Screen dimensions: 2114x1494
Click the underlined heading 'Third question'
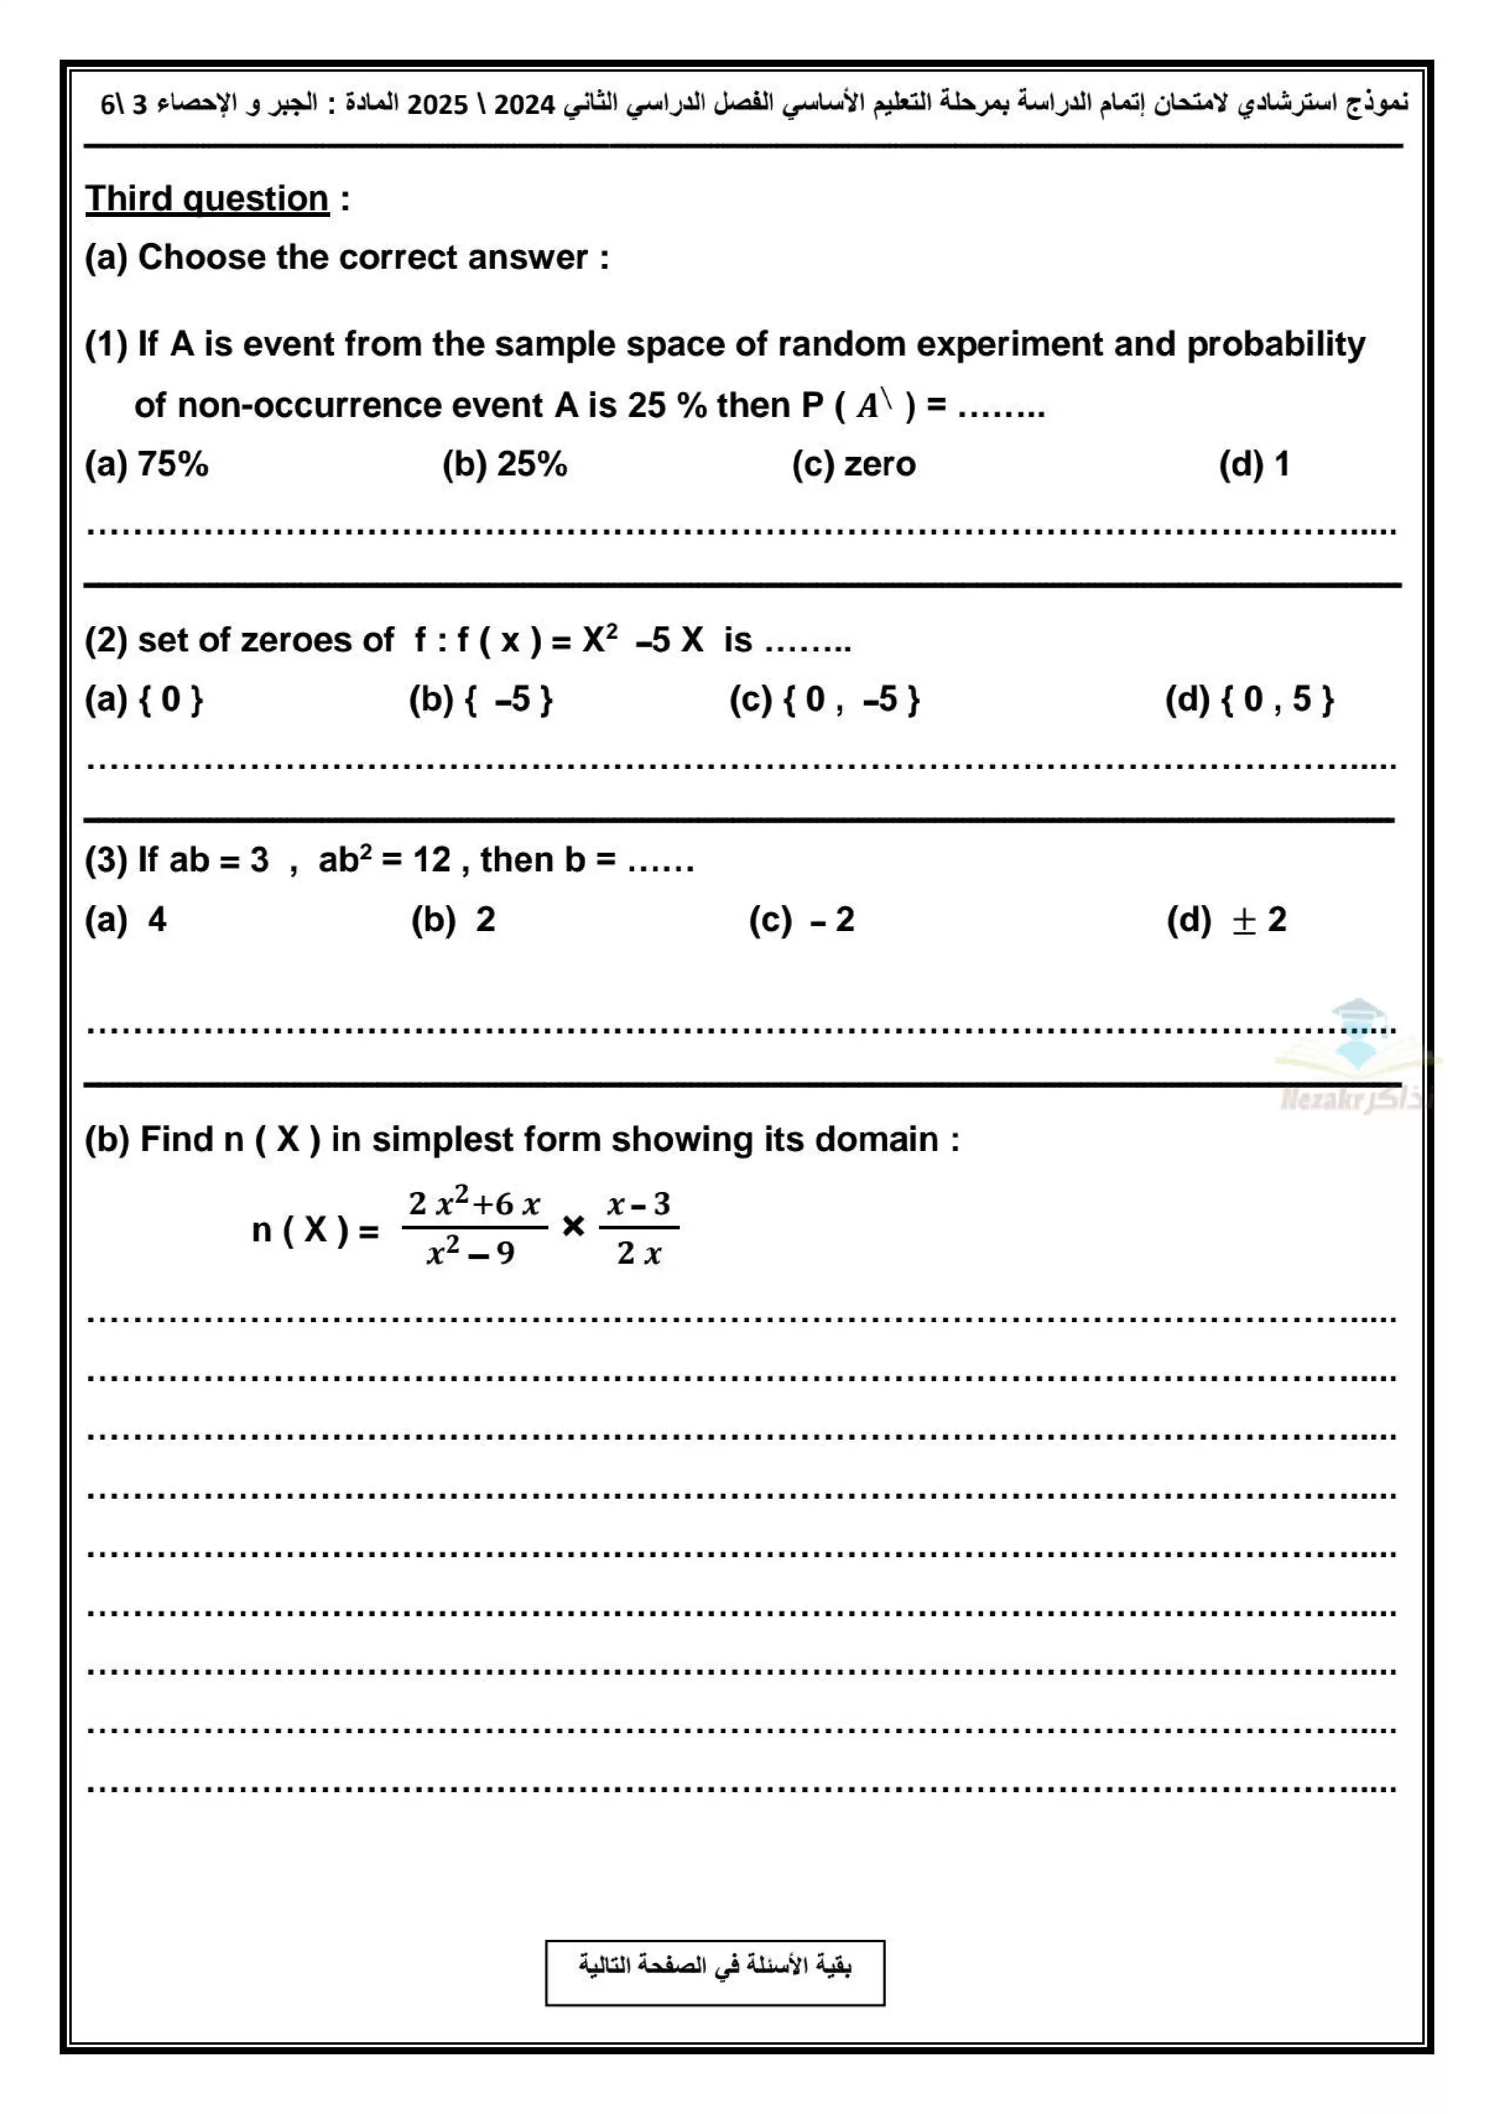pyautogui.click(x=207, y=199)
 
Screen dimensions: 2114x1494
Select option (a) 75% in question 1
pyautogui.click(x=147, y=464)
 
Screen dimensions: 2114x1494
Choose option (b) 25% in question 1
pyautogui.click(x=504, y=464)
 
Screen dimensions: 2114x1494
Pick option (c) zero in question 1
pyautogui.click(x=853, y=464)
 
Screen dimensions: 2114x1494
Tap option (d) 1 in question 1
pyautogui.click(x=1254, y=464)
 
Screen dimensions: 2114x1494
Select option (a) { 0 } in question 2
pyautogui.click(x=143, y=700)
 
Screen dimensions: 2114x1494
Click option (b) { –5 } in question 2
pyautogui.click(x=480, y=700)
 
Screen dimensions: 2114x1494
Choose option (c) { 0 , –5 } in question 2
pyautogui.click(x=824, y=700)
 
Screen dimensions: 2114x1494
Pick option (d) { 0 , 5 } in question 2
pyautogui.click(x=1249, y=700)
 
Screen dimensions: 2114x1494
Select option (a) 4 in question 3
pyautogui.click(x=126, y=920)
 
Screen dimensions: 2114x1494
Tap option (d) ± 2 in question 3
pyautogui.click(x=1226, y=920)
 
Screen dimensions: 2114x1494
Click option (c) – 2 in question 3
pyautogui.click(x=801, y=920)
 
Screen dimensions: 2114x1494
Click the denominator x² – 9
pyautogui.click(x=471, y=1252)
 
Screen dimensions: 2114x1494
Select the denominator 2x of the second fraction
pyautogui.click(x=639, y=1253)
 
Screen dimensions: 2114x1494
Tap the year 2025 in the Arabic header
pyautogui.click(x=438, y=104)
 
